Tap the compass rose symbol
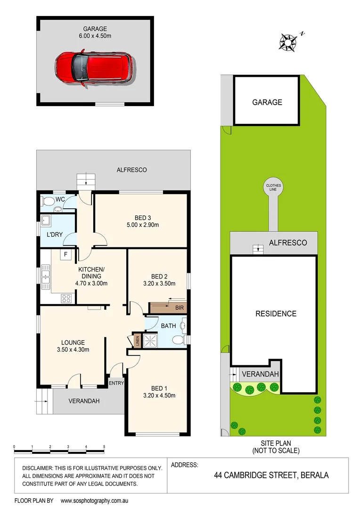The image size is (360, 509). point(287,41)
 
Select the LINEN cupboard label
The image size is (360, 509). point(137,340)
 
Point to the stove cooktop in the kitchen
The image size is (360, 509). point(66,297)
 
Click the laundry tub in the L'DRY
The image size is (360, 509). point(46,221)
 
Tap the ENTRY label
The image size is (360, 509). point(116,383)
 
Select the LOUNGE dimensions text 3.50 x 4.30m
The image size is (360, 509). point(73,350)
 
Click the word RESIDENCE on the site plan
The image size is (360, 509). point(276,314)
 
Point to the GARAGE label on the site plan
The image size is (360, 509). point(267,102)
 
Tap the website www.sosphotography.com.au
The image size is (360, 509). point(95,501)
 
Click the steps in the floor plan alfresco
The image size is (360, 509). point(86,179)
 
